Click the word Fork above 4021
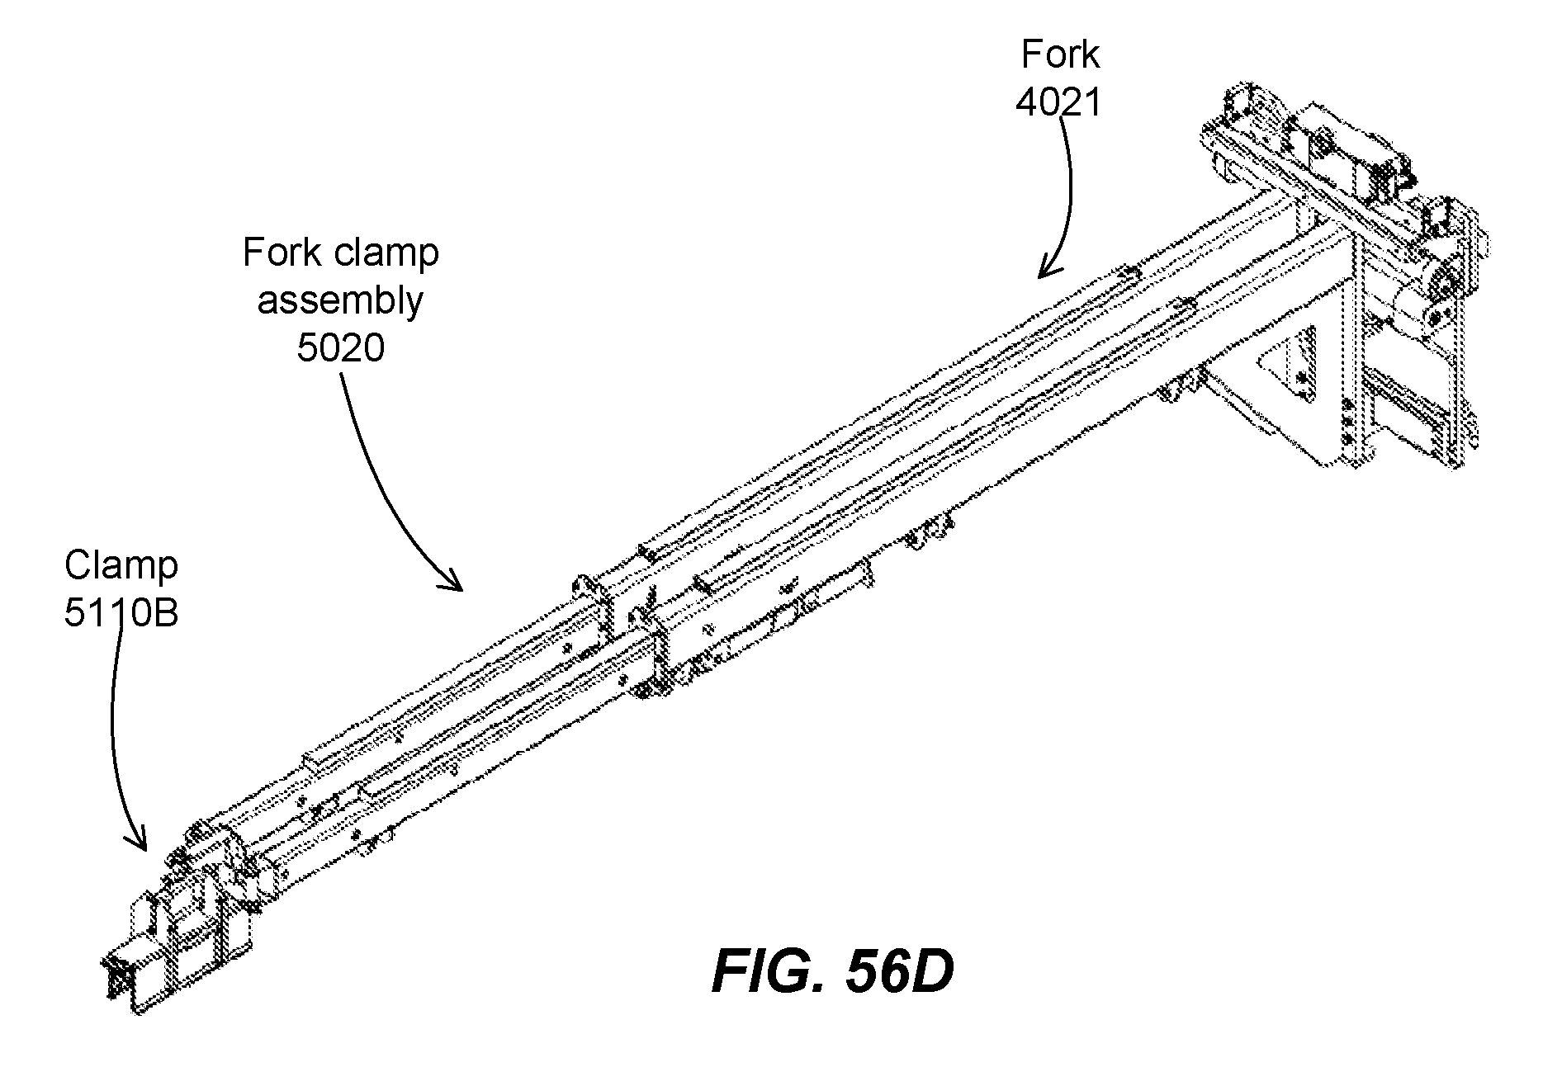click(x=1060, y=55)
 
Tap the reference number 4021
click(x=1059, y=103)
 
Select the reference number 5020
click(x=340, y=348)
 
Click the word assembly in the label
click(x=340, y=301)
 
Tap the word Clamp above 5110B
click(x=121, y=567)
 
